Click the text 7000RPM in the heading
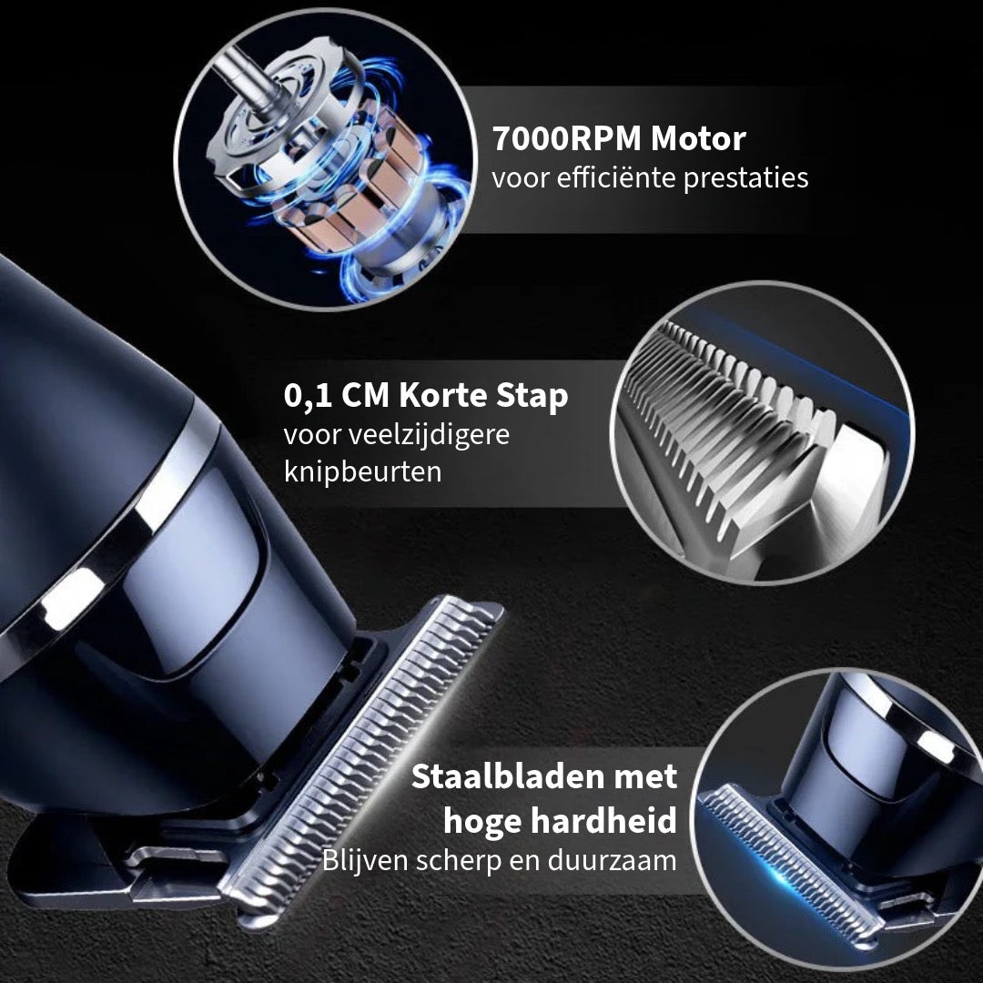point(567,138)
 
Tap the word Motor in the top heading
point(698,138)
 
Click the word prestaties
point(746,178)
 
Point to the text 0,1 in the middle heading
point(308,396)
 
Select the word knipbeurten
point(363,471)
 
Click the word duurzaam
point(613,861)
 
